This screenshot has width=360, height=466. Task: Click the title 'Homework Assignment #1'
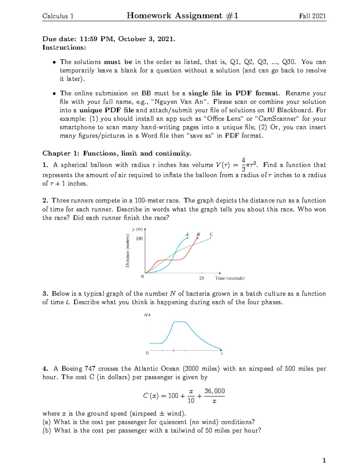click(x=182, y=16)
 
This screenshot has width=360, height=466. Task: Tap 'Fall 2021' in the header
click(x=312, y=16)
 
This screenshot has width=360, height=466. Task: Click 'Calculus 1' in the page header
click(x=58, y=16)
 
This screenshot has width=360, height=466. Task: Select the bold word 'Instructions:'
click(x=64, y=47)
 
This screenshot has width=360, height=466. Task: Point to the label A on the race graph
click(x=187, y=234)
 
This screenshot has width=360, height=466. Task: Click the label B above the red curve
click(x=198, y=234)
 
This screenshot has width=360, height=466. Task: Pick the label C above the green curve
click(x=211, y=234)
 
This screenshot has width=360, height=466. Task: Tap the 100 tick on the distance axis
click(x=139, y=239)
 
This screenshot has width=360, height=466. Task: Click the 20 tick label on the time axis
click(x=202, y=278)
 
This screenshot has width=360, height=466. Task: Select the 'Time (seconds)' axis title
click(x=229, y=278)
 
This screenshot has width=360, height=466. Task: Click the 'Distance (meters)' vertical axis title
click(x=127, y=251)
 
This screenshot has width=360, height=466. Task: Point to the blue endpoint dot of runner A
click(x=187, y=238)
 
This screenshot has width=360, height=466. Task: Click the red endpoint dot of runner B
click(x=197, y=238)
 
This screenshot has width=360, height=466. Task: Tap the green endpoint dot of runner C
click(x=210, y=238)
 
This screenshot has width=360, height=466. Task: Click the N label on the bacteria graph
click(x=146, y=315)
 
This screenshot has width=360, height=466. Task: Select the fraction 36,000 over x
click(x=214, y=396)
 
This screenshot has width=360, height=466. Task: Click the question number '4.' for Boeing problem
click(x=45, y=368)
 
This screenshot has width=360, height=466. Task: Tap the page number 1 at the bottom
click(x=324, y=460)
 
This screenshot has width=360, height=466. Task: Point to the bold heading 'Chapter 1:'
click(x=61, y=153)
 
